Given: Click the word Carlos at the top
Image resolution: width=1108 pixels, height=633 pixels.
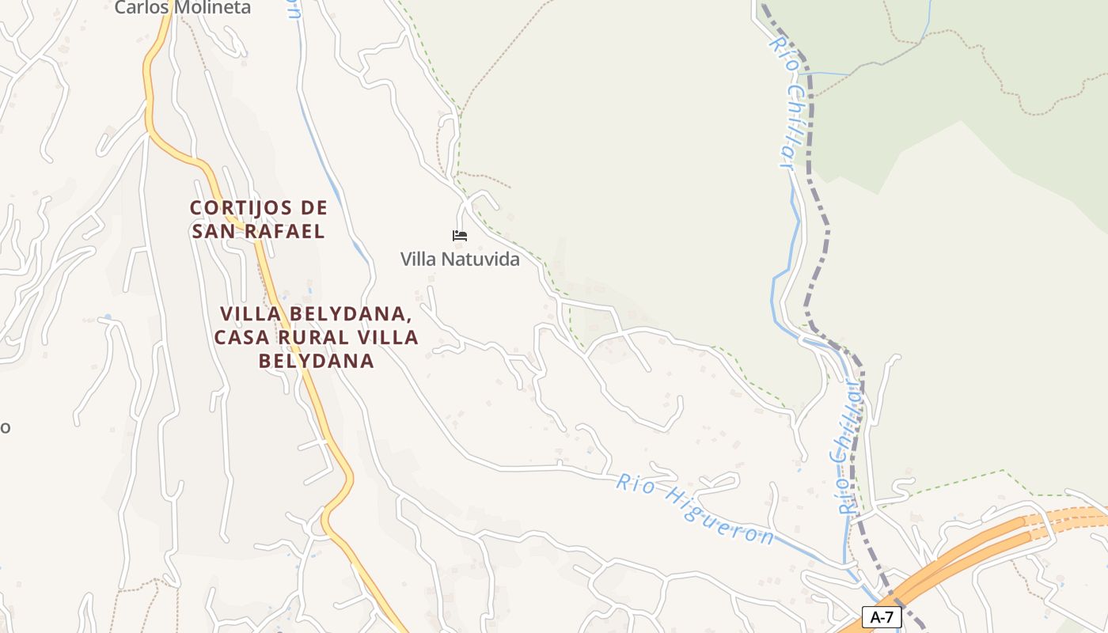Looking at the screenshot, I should [x=140, y=8].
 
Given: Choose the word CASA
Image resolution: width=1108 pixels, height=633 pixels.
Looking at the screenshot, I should [x=241, y=337].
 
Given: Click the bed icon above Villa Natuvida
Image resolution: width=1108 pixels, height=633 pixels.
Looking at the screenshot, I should [x=460, y=236].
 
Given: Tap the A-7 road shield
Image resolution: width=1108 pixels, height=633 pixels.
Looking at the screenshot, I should [x=882, y=617].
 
